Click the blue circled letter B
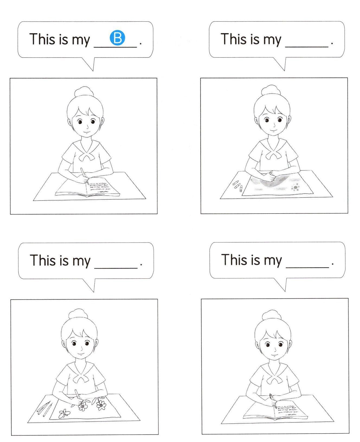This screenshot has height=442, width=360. click(117, 38)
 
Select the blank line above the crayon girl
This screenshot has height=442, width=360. click(307, 47)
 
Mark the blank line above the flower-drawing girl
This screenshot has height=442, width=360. click(116, 268)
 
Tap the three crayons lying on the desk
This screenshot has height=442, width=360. click(237, 185)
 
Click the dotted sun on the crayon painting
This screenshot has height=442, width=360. click(295, 187)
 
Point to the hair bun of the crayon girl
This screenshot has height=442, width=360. click(271, 90)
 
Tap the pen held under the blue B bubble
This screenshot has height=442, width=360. click(84, 175)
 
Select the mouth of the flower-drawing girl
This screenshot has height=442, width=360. click(80, 354)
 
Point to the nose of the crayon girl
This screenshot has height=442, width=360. click(274, 125)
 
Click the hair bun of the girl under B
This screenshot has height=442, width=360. click(84, 91)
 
